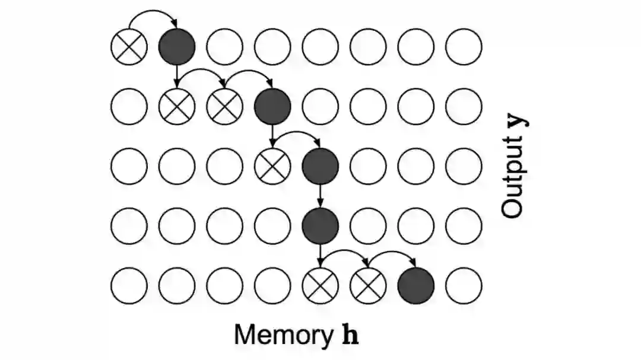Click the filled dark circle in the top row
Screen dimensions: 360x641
tap(177, 46)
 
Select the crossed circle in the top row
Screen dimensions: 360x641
tap(129, 46)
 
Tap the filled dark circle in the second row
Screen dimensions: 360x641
tap(272, 106)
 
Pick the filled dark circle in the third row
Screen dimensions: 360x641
tap(320, 166)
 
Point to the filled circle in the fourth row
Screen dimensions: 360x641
tap(320, 226)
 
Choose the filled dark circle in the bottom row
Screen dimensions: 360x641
tap(416, 286)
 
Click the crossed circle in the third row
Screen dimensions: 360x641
tap(272, 166)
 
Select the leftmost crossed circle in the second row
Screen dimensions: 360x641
tap(177, 106)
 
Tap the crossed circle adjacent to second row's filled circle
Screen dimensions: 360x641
tap(224, 106)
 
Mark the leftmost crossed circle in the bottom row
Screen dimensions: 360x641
tap(320, 286)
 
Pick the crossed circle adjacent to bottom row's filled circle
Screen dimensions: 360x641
tap(368, 286)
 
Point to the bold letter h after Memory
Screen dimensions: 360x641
tap(351, 334)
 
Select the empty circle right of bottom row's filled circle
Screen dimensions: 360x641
tap(464, 286)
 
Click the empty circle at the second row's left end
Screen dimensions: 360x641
tap(129, 106)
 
